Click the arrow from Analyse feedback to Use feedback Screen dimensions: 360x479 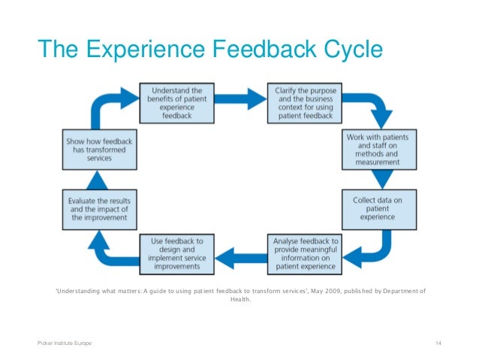tap(239, 254)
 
